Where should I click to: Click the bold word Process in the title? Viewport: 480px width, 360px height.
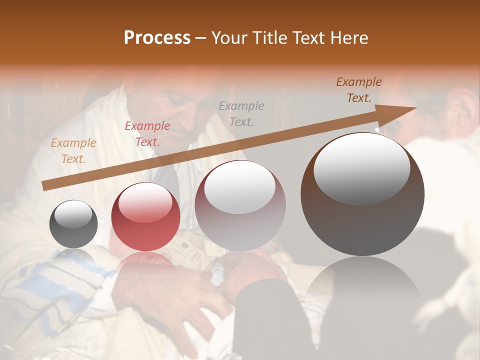157,38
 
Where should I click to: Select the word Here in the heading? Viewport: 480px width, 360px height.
350,38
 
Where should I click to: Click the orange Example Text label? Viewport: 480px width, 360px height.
73,151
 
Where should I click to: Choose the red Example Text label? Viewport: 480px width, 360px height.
147,134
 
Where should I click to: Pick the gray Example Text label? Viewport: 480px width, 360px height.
241,113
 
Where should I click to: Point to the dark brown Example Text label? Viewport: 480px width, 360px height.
358,90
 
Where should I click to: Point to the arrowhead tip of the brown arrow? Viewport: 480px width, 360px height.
415,108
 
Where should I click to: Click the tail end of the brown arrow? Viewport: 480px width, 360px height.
43,186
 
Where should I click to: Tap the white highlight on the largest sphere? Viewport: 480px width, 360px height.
361,167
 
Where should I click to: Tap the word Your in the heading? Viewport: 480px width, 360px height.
228,38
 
